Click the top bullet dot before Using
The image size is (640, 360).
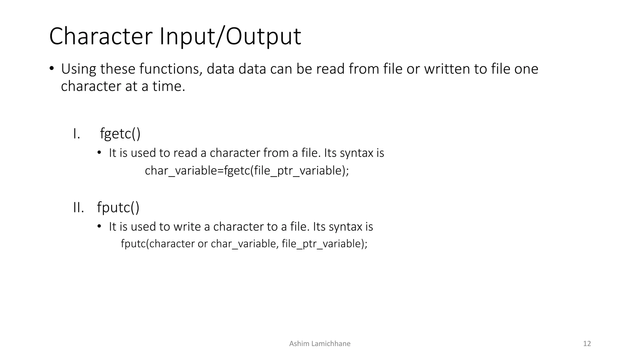pos(52,68)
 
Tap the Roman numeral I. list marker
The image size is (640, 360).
pos(77,134)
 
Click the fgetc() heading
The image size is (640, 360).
pos(120,134)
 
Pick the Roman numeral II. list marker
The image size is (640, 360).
pos(78,207)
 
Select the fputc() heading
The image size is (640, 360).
pos(118,207)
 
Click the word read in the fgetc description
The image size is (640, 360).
pos(185,153)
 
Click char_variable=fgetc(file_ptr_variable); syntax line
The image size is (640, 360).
pos(247,171)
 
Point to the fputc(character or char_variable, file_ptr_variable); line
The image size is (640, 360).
pos(244,244)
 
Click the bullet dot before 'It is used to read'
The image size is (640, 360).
pos(99,153)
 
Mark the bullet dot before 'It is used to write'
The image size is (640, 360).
pos(99,226)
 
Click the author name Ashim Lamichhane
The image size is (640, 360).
pos(320,344)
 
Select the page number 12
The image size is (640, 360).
pos(587,344)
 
